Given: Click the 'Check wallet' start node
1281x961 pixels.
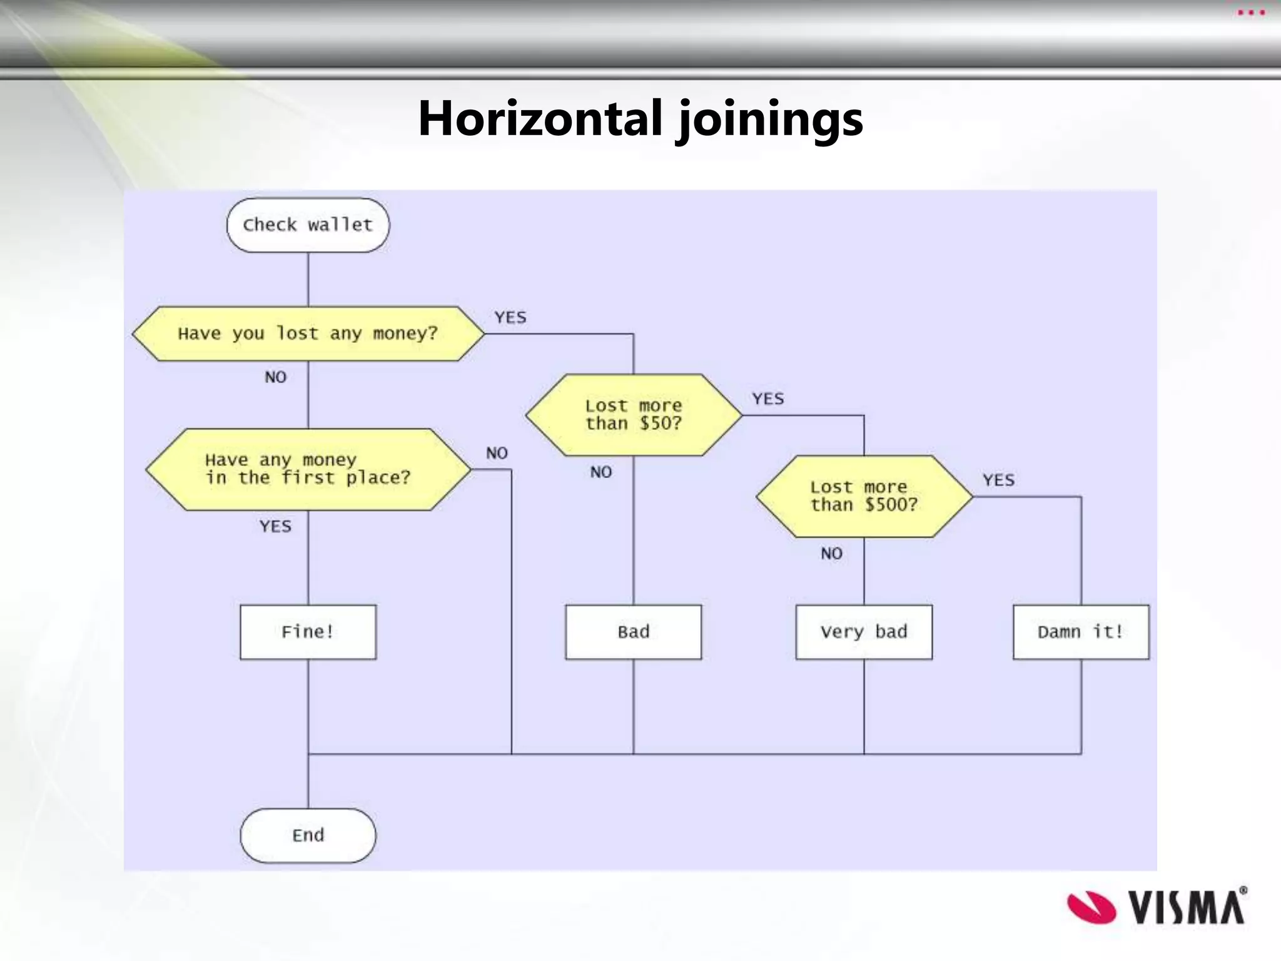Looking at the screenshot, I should tap(308, 225).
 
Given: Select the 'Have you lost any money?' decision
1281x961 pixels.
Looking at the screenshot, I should tap(308, 333).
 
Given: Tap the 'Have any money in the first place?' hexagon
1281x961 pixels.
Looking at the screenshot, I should tap(308, 469).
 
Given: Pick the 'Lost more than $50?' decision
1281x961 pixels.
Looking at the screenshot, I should tap(634, 415).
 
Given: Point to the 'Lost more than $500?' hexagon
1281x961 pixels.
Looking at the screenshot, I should tap(864, 496).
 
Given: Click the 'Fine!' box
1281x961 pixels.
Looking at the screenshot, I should tap(308, 632).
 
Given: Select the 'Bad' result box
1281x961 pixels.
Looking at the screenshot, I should tap(634, 632).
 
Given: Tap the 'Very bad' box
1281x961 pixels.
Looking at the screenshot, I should tap(864, 632).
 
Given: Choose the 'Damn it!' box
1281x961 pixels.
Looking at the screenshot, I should tap(1081, 632).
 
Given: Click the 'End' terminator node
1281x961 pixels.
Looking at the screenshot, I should tap(308, 835).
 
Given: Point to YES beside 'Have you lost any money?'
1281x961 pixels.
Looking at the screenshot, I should tap(510, 318).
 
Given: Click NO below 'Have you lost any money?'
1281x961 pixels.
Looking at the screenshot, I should tap(275, 377).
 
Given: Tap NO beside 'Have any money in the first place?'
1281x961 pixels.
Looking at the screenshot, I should tap(497, 453).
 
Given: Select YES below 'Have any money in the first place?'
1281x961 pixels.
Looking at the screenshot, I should tap(275, 526).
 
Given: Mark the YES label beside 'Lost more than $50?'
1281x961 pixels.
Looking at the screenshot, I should tap(768, 399).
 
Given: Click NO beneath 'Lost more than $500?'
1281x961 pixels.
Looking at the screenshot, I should tap(831, 554).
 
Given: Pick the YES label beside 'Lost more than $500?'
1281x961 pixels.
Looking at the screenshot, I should tap(998, 480).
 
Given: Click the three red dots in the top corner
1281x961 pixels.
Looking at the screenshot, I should tap(1251, 13).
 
